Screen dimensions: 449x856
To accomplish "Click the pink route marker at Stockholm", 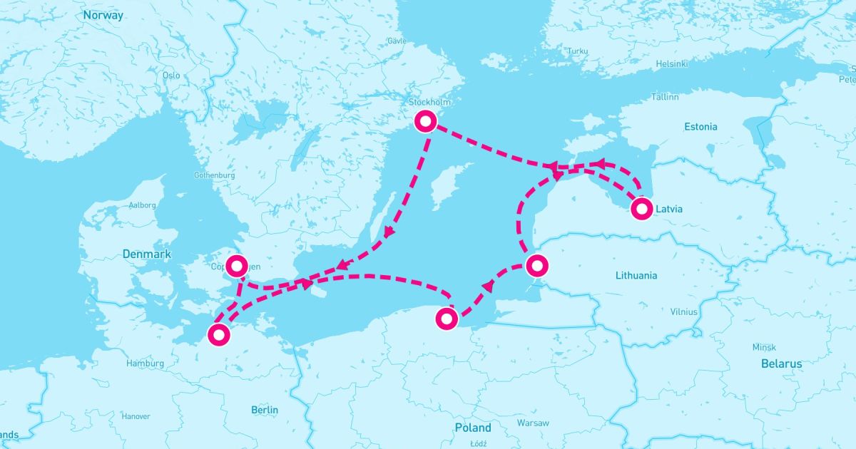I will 425,122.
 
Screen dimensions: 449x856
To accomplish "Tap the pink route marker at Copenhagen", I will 237,265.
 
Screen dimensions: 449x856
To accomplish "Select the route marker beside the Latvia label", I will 641,209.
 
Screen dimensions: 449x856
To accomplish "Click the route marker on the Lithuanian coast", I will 536,266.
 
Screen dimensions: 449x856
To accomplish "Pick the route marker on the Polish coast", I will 447,319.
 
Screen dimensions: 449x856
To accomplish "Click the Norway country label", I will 103,15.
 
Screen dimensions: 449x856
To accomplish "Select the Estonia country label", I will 700,127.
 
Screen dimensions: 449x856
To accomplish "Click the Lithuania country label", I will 637,275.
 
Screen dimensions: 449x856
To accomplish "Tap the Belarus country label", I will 780,363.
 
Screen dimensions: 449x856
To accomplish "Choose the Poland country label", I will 473,428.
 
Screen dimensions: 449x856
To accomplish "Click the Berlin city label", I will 265,410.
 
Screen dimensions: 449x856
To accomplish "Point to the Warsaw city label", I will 533,423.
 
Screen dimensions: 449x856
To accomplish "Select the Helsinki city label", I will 672,63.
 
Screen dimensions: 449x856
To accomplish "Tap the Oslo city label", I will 171,75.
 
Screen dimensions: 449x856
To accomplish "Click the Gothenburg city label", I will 214,175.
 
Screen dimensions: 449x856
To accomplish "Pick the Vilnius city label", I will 684,312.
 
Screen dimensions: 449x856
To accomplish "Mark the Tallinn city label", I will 664,96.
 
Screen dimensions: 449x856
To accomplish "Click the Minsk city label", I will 764,347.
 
